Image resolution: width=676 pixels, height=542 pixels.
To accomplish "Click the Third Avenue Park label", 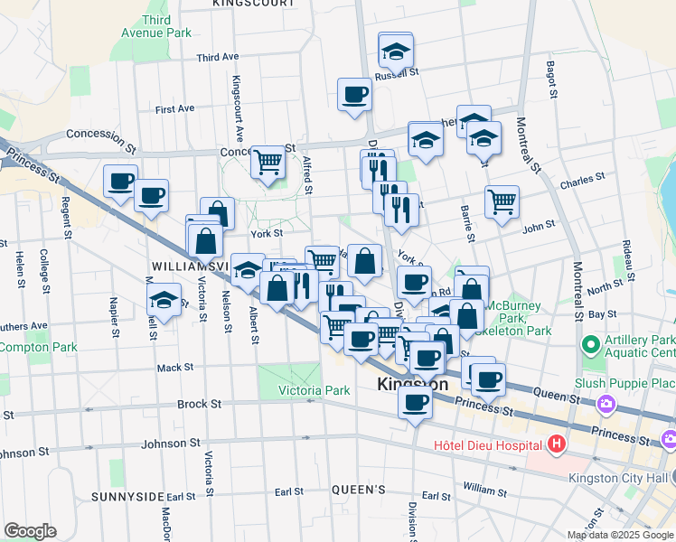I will pos(155,26).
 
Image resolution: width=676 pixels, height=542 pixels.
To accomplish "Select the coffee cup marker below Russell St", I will pos(354,94).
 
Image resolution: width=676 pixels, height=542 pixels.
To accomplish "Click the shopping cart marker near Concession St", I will pos(268,163).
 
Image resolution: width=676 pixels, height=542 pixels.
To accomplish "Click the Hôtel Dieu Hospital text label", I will pos(487,444).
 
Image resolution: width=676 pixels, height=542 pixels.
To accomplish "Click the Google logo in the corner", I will pos(31,530).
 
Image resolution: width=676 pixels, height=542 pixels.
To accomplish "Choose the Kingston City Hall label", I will pos(622,478).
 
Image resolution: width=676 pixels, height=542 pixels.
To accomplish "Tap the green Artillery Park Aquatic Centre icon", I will pos(592,345).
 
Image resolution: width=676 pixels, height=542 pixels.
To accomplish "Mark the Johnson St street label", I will pos(171,444).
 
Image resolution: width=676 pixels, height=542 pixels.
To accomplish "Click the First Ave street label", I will pos(174,109).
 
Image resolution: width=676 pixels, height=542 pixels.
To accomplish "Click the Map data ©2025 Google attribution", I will pos(619,535).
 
